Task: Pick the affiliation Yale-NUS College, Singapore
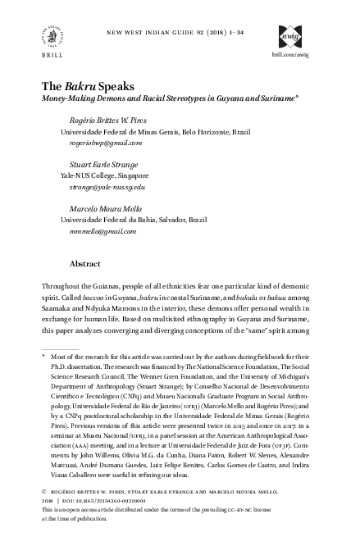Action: [x=104, y=175]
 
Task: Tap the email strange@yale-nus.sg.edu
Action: [x=103, y=187]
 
